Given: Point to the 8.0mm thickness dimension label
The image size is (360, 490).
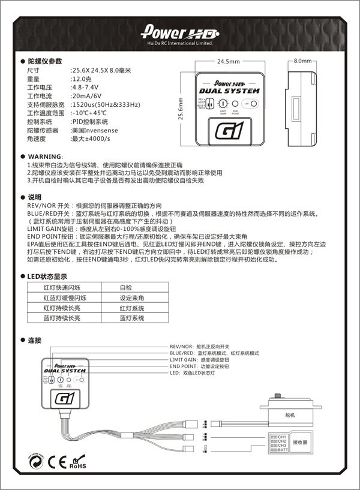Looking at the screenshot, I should pyautogui.click(x=304, y=61).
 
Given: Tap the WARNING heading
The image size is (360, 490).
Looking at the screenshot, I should pyautogui.click(x=44, y=155).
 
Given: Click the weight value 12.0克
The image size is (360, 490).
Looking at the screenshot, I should pyautogui.click(x=82, y=79).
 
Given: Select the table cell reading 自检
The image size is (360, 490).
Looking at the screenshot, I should pyautogui.click(x=125, y=288).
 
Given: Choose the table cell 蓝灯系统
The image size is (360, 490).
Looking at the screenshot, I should pyautogui.click(x=131, y=318).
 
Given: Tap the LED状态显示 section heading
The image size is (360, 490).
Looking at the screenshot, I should pyautogui.click(x=47, y=276).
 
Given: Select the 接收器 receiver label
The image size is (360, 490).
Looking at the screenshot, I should pyautogui.click(x=299, y=442).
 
